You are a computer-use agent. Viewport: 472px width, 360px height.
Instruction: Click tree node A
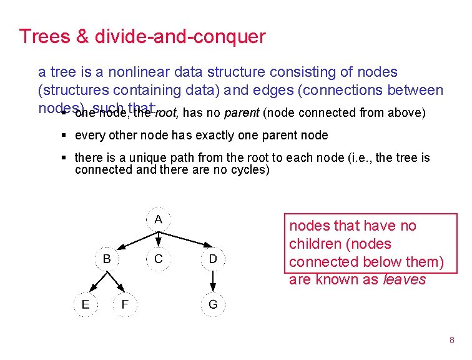158,219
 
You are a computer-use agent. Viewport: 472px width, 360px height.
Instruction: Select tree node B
107,258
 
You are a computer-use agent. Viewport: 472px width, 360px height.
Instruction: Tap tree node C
158,258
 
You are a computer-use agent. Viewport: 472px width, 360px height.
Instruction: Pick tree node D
213,258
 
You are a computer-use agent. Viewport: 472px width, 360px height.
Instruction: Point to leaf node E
85,304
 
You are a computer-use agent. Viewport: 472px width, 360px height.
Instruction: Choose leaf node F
125,304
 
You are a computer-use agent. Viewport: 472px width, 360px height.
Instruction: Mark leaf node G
213,304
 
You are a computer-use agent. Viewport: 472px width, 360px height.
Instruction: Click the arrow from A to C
158,239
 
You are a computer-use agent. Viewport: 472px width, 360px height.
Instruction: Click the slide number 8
451,340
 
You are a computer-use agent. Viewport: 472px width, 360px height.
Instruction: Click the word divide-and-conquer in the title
180,37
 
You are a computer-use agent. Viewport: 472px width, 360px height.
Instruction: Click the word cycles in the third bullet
247,169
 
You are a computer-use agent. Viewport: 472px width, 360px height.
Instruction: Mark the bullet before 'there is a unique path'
65,158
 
